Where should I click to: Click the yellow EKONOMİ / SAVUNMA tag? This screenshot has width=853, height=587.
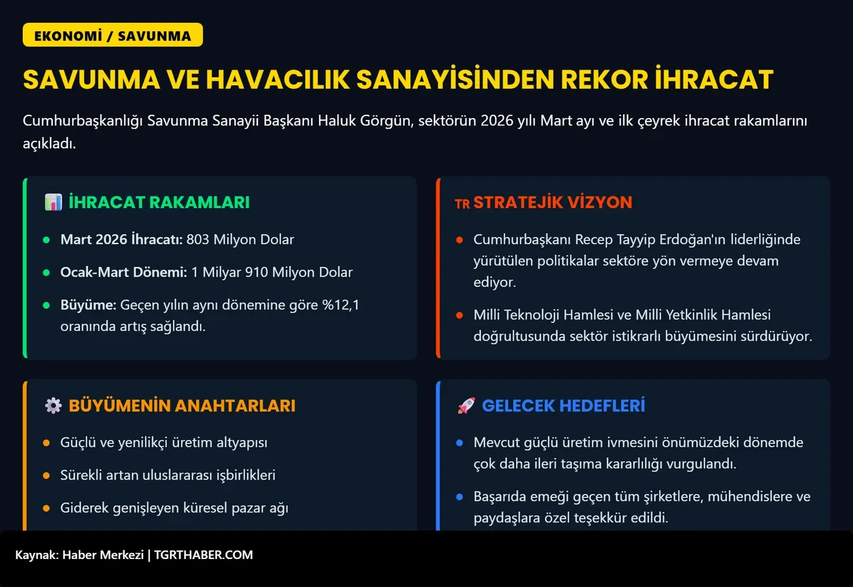(113, 35)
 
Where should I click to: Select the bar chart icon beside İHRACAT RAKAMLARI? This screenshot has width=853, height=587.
(53, 202)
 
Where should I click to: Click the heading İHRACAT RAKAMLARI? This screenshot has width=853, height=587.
(159, 202)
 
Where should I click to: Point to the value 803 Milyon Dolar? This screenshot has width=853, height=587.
(240, 239)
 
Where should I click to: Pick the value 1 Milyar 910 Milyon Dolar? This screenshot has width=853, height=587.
(272, 271)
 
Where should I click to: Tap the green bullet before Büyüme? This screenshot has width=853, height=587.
(46, 306)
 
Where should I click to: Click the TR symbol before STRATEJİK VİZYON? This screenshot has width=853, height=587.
(462, 204)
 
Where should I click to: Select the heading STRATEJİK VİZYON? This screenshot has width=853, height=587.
(552, 202)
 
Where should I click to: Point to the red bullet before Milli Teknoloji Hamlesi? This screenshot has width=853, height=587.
(459, 315)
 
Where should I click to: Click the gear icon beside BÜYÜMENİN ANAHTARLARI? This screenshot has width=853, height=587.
(53, 406)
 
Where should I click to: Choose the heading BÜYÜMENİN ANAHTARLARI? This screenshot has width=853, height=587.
(182, 406)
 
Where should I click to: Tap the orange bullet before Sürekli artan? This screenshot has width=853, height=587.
(46, 476)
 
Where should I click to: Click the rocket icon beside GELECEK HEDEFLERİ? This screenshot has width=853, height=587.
(466, 406)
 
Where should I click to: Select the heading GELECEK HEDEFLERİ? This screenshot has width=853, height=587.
(563, 406)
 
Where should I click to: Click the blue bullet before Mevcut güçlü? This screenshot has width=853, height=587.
(459, 442)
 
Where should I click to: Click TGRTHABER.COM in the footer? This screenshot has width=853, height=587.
(203, 554)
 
